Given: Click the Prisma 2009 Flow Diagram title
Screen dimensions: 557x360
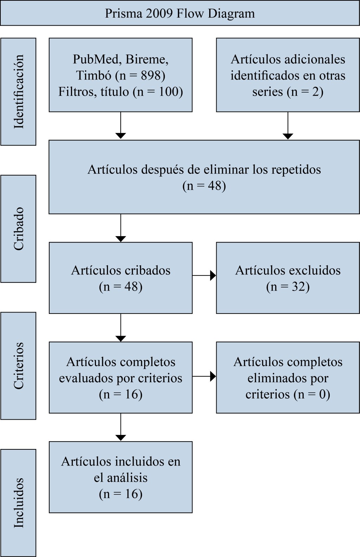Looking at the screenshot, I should pyautogui.click(x=180, y=14).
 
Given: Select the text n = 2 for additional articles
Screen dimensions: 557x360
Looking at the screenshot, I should pyautogui.click(x=305, y=91).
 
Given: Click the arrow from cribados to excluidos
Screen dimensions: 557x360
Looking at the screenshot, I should pyautogui.click(x=204, y=276).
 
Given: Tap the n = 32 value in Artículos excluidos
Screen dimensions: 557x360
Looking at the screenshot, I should pyautogui.click(x=288, y=287).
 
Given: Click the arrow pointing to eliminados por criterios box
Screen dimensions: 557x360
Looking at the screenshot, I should pyautogui.click(x=204, y=376).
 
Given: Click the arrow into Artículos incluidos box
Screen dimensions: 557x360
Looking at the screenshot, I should pyautogui.click(x=121, y=427).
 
